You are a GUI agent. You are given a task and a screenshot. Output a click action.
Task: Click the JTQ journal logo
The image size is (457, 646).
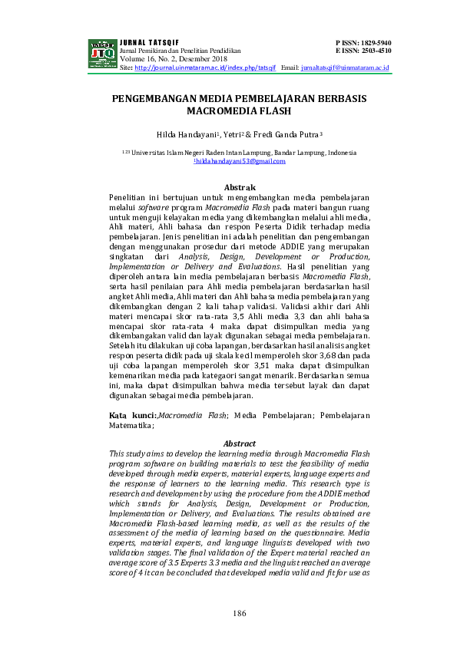coord(102,54)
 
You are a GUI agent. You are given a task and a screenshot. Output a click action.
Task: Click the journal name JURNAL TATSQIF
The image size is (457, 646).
coord(143,42)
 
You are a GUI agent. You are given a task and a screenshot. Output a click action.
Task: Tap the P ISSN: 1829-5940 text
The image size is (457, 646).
coord(363,42)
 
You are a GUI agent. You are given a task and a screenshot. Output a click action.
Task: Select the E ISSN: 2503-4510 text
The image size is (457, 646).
coord(363,50)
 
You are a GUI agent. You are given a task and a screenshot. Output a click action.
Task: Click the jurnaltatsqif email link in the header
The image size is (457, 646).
coord(346,68)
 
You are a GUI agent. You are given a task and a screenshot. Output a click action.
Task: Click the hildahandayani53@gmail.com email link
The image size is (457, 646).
coord(239,161)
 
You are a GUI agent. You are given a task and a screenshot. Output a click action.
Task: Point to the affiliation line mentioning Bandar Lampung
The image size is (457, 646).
coord(239,153)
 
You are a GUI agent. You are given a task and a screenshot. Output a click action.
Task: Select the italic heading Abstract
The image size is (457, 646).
coord(239,443)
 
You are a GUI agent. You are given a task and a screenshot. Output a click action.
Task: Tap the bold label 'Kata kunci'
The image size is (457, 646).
coord(127,414)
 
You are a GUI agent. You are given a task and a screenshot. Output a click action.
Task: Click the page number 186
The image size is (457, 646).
coord(239,614)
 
